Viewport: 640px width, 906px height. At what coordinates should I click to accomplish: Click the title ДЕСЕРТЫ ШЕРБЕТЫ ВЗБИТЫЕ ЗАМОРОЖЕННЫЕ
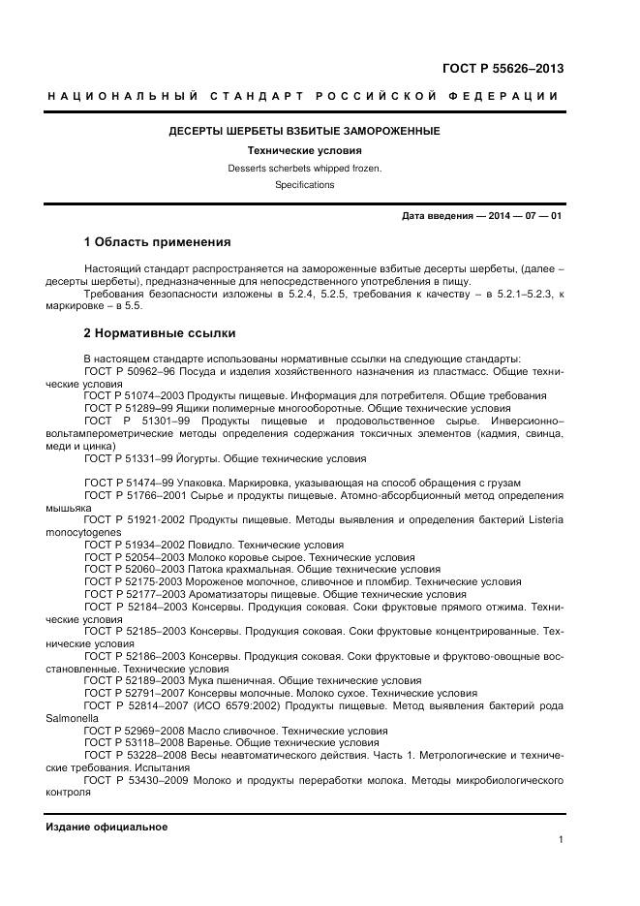pyautogui.click(x=304, y=131)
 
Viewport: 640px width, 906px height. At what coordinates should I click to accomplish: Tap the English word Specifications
pyautogui.click(x=304, y=184)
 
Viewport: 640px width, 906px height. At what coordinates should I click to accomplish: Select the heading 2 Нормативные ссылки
pyautogui.click(x=160, y=333)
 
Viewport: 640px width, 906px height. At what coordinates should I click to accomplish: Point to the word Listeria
pyautogui.click(x=537, y=520)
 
